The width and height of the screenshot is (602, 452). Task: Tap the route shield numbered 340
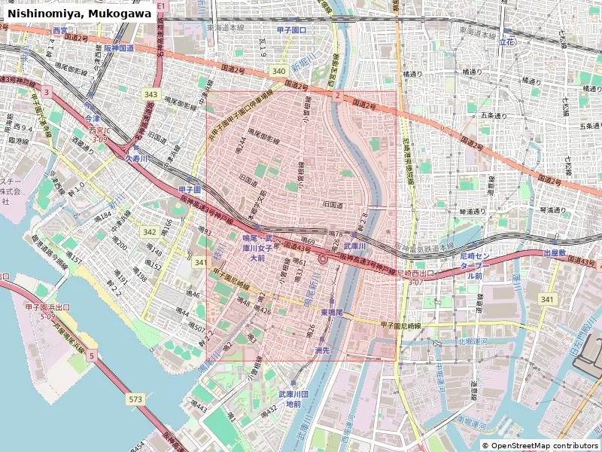(279, 71)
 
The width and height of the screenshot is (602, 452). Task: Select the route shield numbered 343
(151, 94)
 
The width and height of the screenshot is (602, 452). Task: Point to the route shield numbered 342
(150, 232)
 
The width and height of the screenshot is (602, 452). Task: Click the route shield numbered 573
(135, 399)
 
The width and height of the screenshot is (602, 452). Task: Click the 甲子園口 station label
(291, 29)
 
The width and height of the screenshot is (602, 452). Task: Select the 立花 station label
(507, 44)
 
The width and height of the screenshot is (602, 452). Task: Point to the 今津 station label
(92, 119)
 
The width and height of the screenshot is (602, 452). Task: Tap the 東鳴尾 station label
(332, 312)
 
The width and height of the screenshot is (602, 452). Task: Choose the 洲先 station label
(322, 351)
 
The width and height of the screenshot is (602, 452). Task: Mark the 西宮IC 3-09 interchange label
(100, 134)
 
